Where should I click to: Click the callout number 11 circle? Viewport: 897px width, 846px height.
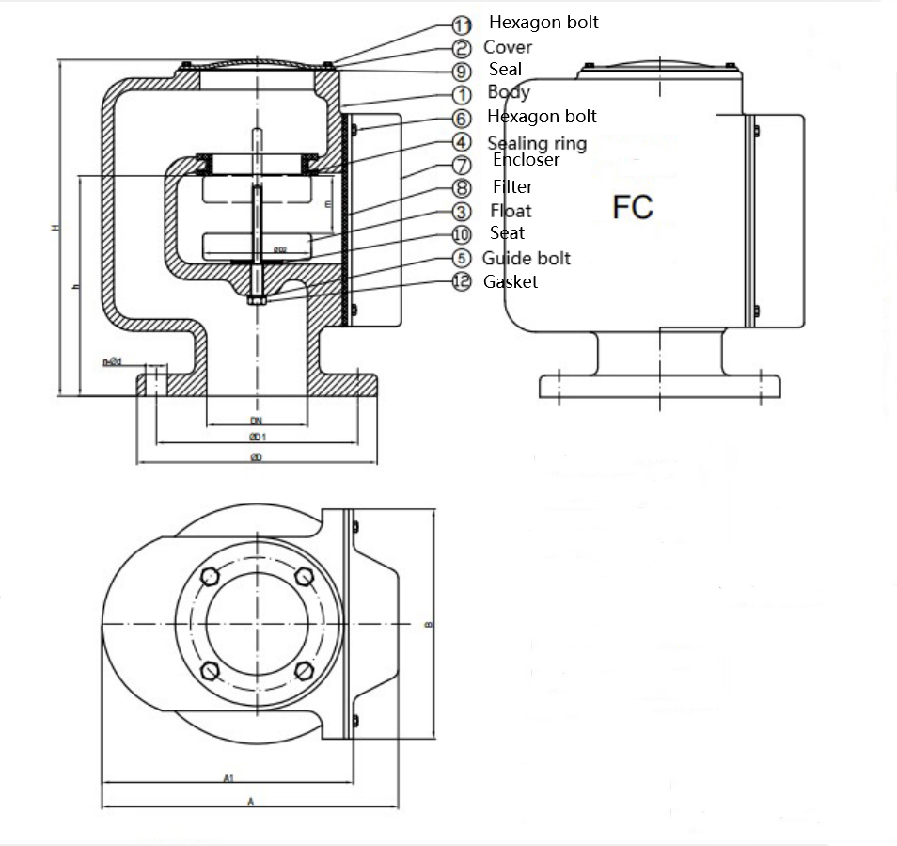[462, 25]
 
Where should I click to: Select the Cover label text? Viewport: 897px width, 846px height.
[507, 47]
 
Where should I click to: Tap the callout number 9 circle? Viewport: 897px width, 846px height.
[462, 71]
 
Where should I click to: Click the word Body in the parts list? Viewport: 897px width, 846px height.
[508, 92]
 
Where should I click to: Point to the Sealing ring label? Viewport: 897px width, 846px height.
[536, 143]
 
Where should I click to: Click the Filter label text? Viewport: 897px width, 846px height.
[512, 187]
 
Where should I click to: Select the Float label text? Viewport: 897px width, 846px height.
[511, 211]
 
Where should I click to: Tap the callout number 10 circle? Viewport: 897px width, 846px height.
[462, 235]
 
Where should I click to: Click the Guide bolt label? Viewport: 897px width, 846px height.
[526, 258]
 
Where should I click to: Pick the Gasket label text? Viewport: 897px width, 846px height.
[511, 281]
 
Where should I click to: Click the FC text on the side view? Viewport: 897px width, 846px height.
[633, 207]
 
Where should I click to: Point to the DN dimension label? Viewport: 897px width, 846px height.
[255, 421]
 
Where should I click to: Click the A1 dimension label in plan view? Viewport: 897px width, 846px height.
[228, 778]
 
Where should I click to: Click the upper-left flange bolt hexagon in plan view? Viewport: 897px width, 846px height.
[211, 577]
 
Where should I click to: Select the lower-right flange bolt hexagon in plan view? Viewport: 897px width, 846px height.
[303, 671]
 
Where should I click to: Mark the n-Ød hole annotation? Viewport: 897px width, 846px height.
[112, 361]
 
